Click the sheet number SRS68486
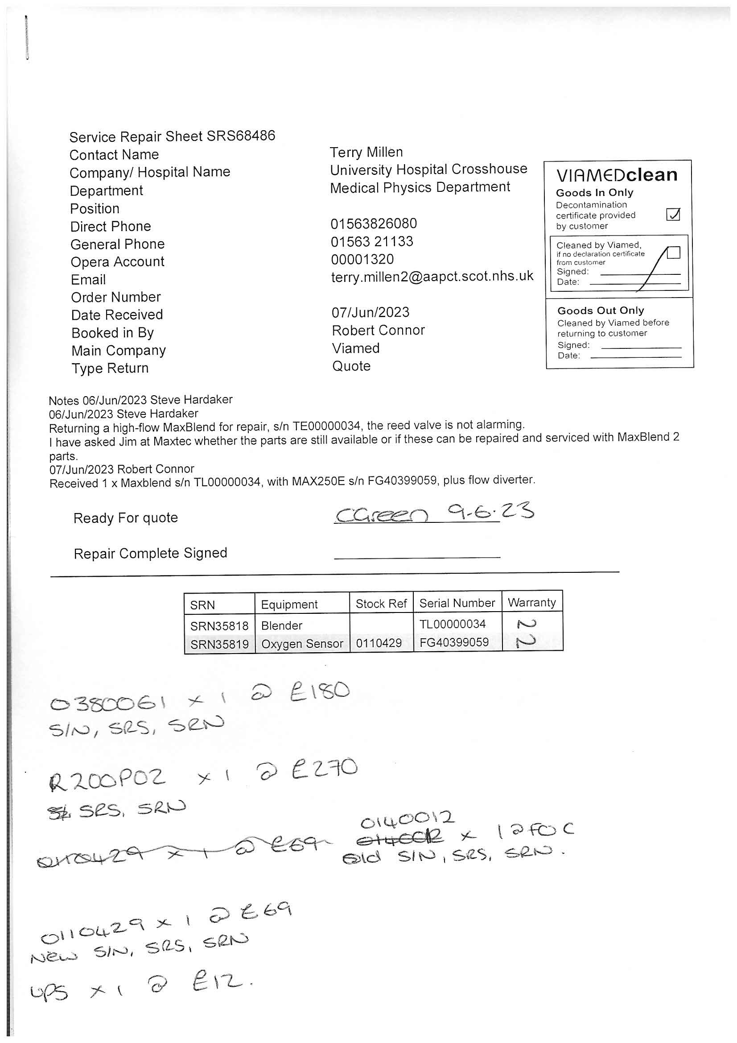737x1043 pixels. [241, 136]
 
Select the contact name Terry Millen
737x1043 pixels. [366, 152]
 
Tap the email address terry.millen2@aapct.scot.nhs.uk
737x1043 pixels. [432, 277]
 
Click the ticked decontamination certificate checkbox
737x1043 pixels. [672, 214]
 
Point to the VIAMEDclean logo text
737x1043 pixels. [617, 175]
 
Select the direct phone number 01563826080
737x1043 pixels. [373, 223]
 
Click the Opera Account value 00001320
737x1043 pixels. [362, 259]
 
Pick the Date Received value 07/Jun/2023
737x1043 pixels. [370, 313]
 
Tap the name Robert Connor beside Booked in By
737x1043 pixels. [378, 330]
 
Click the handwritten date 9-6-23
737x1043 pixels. [490, 513]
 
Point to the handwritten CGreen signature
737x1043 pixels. [382, 515]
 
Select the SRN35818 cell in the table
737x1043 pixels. [219, 626]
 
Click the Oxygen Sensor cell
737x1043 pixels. [302, 644]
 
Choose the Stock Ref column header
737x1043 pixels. [381, 604]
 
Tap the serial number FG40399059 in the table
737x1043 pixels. [453, 642]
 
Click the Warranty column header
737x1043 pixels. [531, 602]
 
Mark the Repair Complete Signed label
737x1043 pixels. [150, 553]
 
